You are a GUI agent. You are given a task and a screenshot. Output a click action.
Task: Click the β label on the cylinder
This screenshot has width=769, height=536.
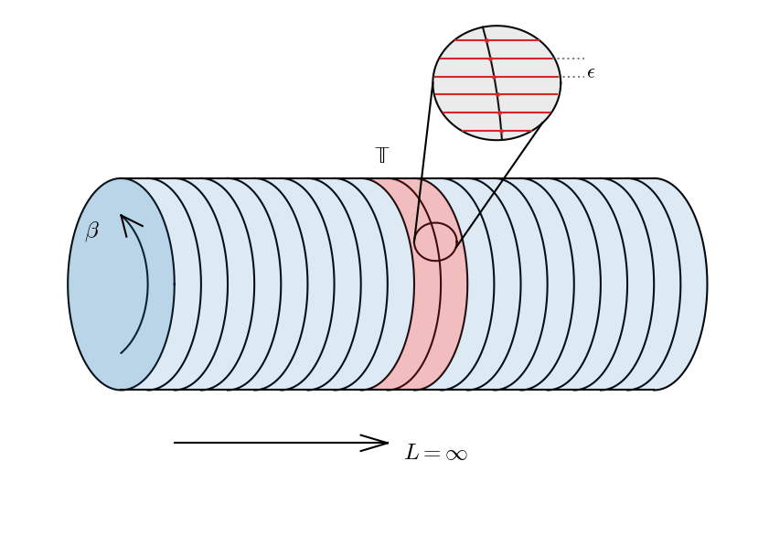[x=92, y=230]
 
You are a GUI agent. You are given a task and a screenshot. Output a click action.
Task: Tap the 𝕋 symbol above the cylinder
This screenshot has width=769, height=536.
[x=382, y=155]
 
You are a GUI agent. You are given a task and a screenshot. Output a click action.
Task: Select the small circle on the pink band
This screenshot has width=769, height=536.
[x=435, y=241]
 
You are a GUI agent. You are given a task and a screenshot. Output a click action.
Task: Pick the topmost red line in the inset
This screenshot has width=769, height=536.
[x=497, y=40]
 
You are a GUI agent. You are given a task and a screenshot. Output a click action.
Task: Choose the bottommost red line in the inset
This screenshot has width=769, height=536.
[x=497, y=131]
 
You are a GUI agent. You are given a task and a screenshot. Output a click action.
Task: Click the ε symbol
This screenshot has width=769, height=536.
[x=591, y=73]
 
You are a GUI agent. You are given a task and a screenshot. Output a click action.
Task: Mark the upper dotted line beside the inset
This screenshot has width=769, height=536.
[x=569, y=59]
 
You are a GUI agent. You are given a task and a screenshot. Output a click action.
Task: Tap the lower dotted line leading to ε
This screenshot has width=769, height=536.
[x=572, y=76]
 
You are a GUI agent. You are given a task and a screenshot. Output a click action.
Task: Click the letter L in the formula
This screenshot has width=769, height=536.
[x=412, y=453]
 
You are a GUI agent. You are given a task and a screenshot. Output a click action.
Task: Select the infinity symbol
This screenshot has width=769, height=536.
[x=455, y=455]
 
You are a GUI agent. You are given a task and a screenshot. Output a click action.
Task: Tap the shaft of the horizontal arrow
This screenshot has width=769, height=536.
[x=265, y=443]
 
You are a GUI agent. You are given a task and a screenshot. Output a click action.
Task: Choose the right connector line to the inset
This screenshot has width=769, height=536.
[x=498, y=183]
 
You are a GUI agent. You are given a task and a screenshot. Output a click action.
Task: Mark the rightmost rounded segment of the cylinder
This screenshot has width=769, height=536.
[x=690, y=284]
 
